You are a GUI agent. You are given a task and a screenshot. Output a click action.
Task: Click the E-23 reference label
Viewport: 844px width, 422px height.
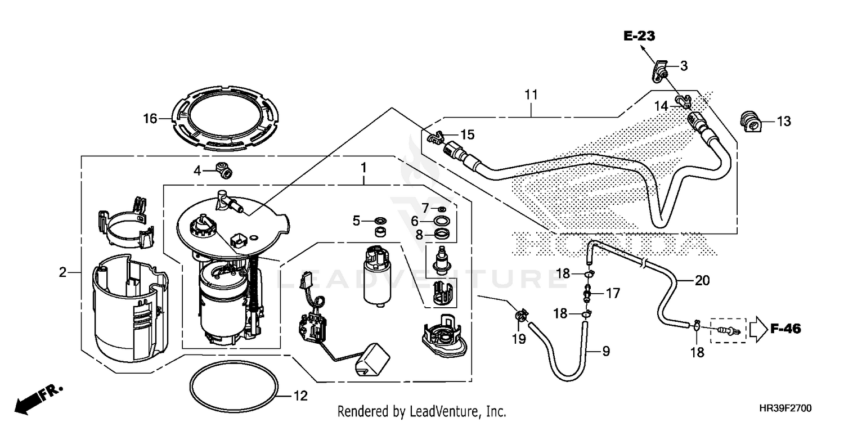640,37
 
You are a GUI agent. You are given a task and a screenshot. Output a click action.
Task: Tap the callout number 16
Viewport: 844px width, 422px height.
149,118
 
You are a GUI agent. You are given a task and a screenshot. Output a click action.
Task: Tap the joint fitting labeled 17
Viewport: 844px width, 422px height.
587,293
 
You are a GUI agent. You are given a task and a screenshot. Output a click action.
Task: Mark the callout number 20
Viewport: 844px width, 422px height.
703,280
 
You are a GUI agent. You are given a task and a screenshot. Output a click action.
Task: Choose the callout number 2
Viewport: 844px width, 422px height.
62,273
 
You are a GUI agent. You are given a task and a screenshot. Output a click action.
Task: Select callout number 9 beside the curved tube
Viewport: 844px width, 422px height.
605,352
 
